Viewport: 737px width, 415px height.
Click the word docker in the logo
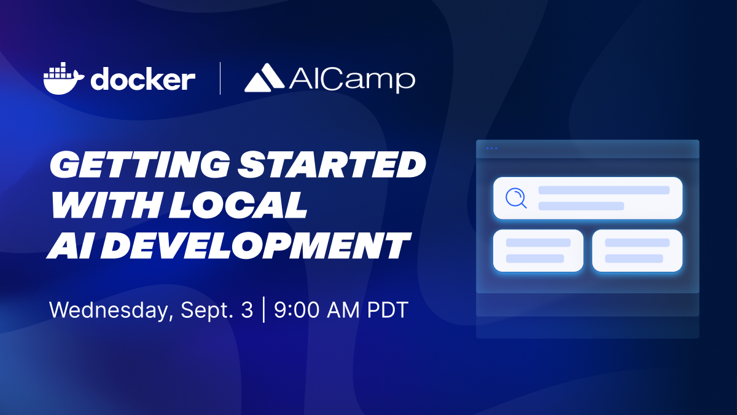[x=143, y=79]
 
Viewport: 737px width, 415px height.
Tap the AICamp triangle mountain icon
[x=264, y=77]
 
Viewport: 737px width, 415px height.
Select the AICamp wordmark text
[x=352, y=80]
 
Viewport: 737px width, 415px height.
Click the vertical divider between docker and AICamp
[x=220, y=79]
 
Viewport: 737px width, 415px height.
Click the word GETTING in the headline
[x=139, y=164]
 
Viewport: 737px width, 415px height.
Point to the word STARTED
[x=332, y=164]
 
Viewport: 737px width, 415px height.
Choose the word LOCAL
[x=238, y=205]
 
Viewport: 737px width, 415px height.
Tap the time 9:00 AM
[x=317, y=310]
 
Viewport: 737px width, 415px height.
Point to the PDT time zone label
[x=388, y=310]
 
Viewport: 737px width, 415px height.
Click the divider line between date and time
[x=264, y=310]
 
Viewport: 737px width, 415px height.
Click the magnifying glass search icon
[x=516, y=198]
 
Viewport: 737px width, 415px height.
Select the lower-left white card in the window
[x=538, y=251]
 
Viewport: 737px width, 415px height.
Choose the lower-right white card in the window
[x=638, y=251]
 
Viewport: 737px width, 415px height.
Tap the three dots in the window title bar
[x=491, y=149]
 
